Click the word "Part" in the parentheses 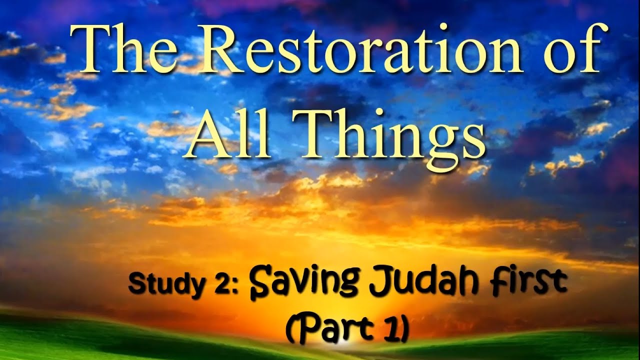tap(338, 330)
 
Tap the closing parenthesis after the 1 tap(404, 330)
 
